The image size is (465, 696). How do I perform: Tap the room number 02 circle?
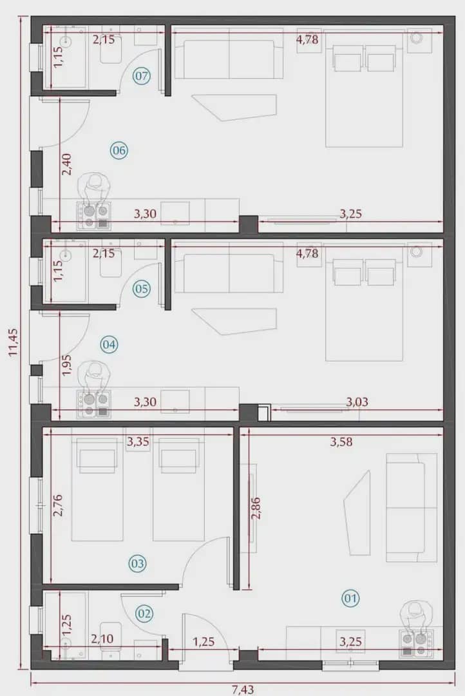coord(144,614)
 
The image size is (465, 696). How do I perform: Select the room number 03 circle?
coord(137,564)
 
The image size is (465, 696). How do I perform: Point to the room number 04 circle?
coord(109,345)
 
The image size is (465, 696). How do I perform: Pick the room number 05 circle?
coord(142,289)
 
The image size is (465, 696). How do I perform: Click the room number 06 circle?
coord(119,151)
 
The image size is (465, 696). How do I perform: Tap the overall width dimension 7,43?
coord(243,689)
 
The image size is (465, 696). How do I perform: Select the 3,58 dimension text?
coord(341,441)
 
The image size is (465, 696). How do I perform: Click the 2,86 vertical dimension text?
coord(256,508)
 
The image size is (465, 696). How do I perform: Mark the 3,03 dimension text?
coord(357,403)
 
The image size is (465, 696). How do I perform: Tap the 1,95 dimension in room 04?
coord(66,365)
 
